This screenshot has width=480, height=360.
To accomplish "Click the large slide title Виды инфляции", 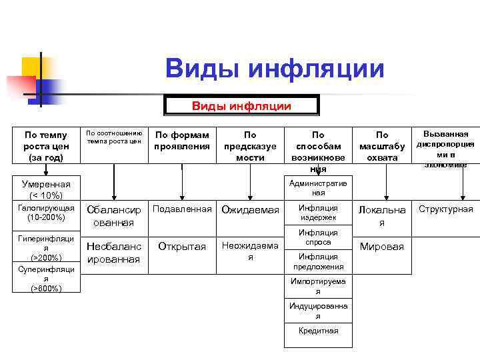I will tap(275, 69).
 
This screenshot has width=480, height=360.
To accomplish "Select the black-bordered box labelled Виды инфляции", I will tap(241, 105).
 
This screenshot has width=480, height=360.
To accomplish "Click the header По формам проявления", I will tap(182, 140).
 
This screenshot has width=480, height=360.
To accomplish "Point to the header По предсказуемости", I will tap(250, 145).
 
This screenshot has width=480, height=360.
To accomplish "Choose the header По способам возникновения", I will tap(318, 151).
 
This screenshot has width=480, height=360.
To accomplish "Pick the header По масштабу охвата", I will tap(382, 145).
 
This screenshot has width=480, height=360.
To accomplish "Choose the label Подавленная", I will tap(182, 209).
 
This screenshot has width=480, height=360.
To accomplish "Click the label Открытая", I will tap(182, 247).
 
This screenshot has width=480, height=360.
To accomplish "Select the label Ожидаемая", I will tap(250, 211).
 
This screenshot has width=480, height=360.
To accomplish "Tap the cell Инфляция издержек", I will tap(318, 213).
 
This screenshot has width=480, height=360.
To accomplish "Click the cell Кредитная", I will tap(318, 331).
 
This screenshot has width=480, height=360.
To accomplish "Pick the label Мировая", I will tap(382, 247).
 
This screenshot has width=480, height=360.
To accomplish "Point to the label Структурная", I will tap(445, 209).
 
